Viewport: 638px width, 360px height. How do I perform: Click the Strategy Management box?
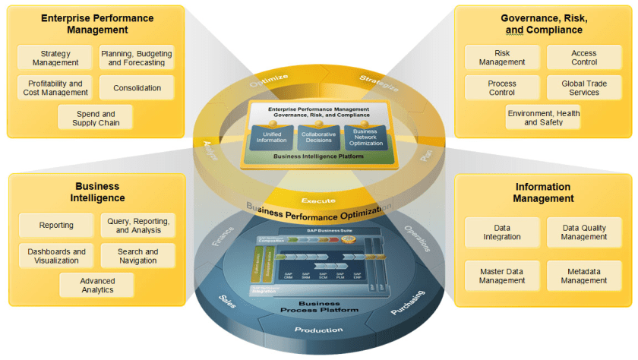coord(55,58)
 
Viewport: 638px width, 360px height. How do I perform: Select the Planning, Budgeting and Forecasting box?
coord(137,58)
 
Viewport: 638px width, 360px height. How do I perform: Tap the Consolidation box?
coord(137,88)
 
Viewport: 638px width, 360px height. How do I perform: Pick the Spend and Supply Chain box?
coord(96,118)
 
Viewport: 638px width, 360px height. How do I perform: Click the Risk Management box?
coord(502,58)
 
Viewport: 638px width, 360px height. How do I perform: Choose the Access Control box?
coord(583,58)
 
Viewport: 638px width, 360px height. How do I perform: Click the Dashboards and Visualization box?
coord(57,256)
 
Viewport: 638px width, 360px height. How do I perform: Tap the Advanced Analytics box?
coord(97,286)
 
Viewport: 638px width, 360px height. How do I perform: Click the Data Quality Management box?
coord(584,232)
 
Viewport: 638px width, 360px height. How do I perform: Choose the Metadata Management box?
coord(584,276)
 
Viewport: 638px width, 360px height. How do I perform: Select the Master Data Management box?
coord(502,276)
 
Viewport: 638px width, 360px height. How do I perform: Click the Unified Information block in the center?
coord(271,137)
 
